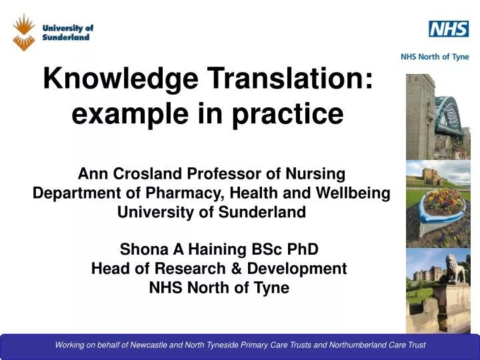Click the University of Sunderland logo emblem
tap(24, 31)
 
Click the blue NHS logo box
tap(448, 29)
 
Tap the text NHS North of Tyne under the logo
tap(434, 57)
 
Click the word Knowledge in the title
tap(121, 80)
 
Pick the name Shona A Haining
tap(181, 249)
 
